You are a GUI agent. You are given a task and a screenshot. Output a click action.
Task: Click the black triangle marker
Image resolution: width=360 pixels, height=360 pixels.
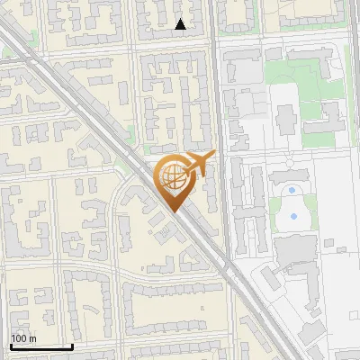(181, 24)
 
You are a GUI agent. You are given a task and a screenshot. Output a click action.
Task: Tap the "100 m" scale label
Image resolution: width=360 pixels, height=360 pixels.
(24, 338)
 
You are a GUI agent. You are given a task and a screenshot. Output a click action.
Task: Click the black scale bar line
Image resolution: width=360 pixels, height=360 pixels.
(41, 346)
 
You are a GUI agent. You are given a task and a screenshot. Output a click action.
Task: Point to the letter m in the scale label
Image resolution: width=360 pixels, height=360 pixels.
(34, 338)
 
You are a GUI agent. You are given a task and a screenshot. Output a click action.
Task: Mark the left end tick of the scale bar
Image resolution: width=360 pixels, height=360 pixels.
(11, 345)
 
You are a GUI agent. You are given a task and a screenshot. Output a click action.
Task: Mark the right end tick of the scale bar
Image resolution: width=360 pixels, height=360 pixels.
(72, 345)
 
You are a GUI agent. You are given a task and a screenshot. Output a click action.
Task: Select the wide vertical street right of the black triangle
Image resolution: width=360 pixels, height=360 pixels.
(216, 54)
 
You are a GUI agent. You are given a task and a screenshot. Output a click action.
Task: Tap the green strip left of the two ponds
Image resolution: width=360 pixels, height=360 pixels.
(274, 212)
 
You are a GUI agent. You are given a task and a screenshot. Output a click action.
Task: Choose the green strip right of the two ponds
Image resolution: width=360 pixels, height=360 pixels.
(310, 212)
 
